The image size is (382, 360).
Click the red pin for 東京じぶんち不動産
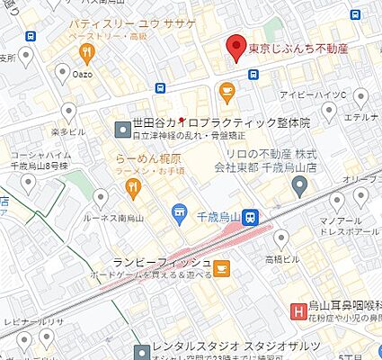[235, 46]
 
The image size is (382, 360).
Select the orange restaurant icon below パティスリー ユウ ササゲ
[86, 52]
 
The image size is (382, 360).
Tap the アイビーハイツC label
[335, 94]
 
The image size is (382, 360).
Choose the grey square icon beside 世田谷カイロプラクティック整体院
[122, 130]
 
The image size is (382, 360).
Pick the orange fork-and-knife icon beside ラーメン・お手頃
[133, 187]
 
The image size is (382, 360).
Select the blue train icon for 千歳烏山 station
[254, 216]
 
